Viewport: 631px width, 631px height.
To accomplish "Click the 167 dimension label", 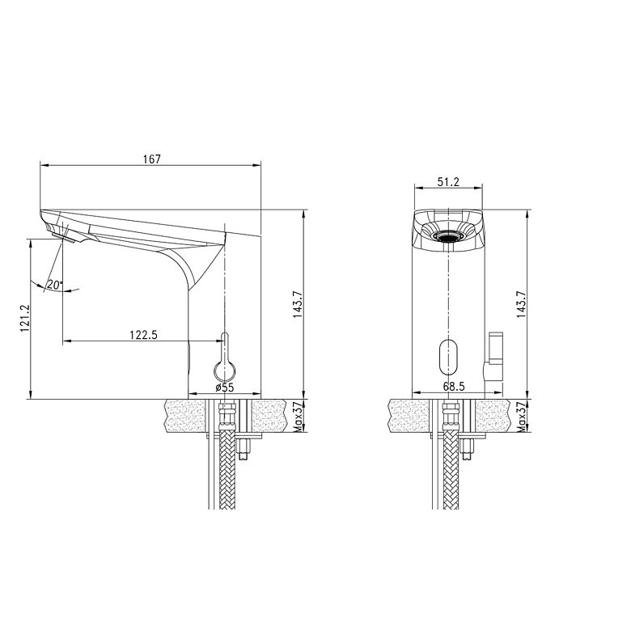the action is [x=152, y=159].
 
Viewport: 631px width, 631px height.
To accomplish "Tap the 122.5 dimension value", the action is [x=143, y=334].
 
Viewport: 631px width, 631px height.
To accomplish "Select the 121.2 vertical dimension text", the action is [x=24, y=318].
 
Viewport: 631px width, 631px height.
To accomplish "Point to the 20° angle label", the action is [x=55, y=285].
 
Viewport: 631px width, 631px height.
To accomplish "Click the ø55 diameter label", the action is [x=225, y=387].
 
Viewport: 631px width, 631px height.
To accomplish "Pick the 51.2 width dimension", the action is [x=448, y=182].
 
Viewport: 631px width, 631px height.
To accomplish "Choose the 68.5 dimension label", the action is [x=454, y=387].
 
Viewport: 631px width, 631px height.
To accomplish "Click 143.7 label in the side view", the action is [x=299, y=304].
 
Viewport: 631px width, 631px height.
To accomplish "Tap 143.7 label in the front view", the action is [x=522, y=304].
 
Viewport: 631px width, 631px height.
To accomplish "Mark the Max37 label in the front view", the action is [x=522, y=417].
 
